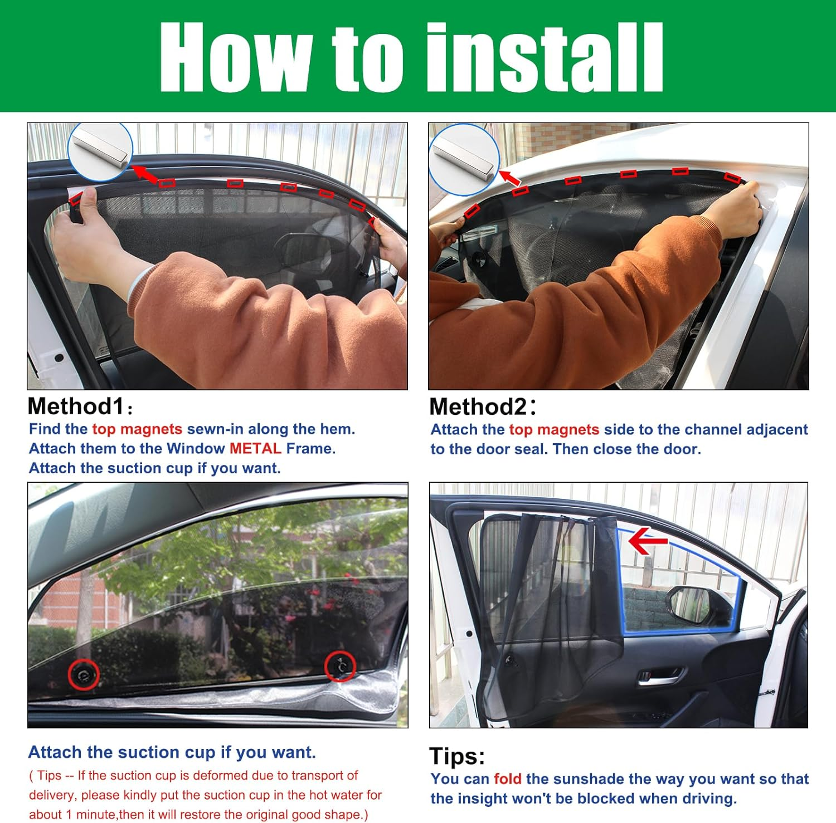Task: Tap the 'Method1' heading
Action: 75,406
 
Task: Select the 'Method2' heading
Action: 478,407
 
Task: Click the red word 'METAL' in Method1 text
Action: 255,449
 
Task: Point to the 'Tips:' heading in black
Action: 457,756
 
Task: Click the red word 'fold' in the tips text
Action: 507,779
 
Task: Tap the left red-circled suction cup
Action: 84,675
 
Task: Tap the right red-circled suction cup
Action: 339,665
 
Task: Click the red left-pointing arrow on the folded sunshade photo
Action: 648,541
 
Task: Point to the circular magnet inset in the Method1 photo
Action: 100,151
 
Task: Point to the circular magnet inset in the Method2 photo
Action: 464,160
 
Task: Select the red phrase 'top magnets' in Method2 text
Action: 554,430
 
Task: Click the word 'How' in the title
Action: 234,57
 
